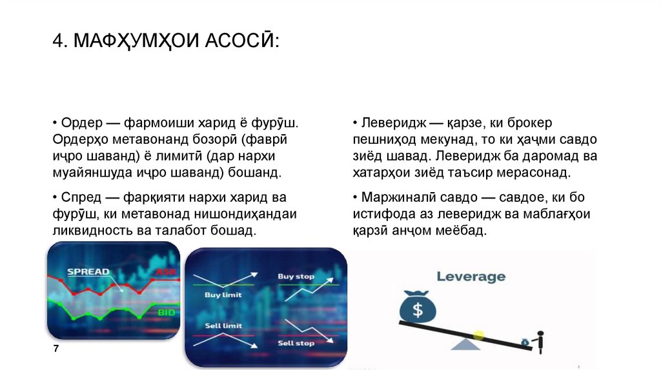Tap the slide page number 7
pos(56,348)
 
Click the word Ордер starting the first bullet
pos(78,122)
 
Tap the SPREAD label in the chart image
pos(88,271)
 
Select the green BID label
pos(167,312)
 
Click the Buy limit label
pos(223,295)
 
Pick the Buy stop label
pos(296,277)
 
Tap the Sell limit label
pos(223,326)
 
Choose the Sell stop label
pos(296,343)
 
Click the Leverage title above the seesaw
pos(471,277)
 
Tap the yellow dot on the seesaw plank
pos(478,335)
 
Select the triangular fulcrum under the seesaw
pos(465,344)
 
